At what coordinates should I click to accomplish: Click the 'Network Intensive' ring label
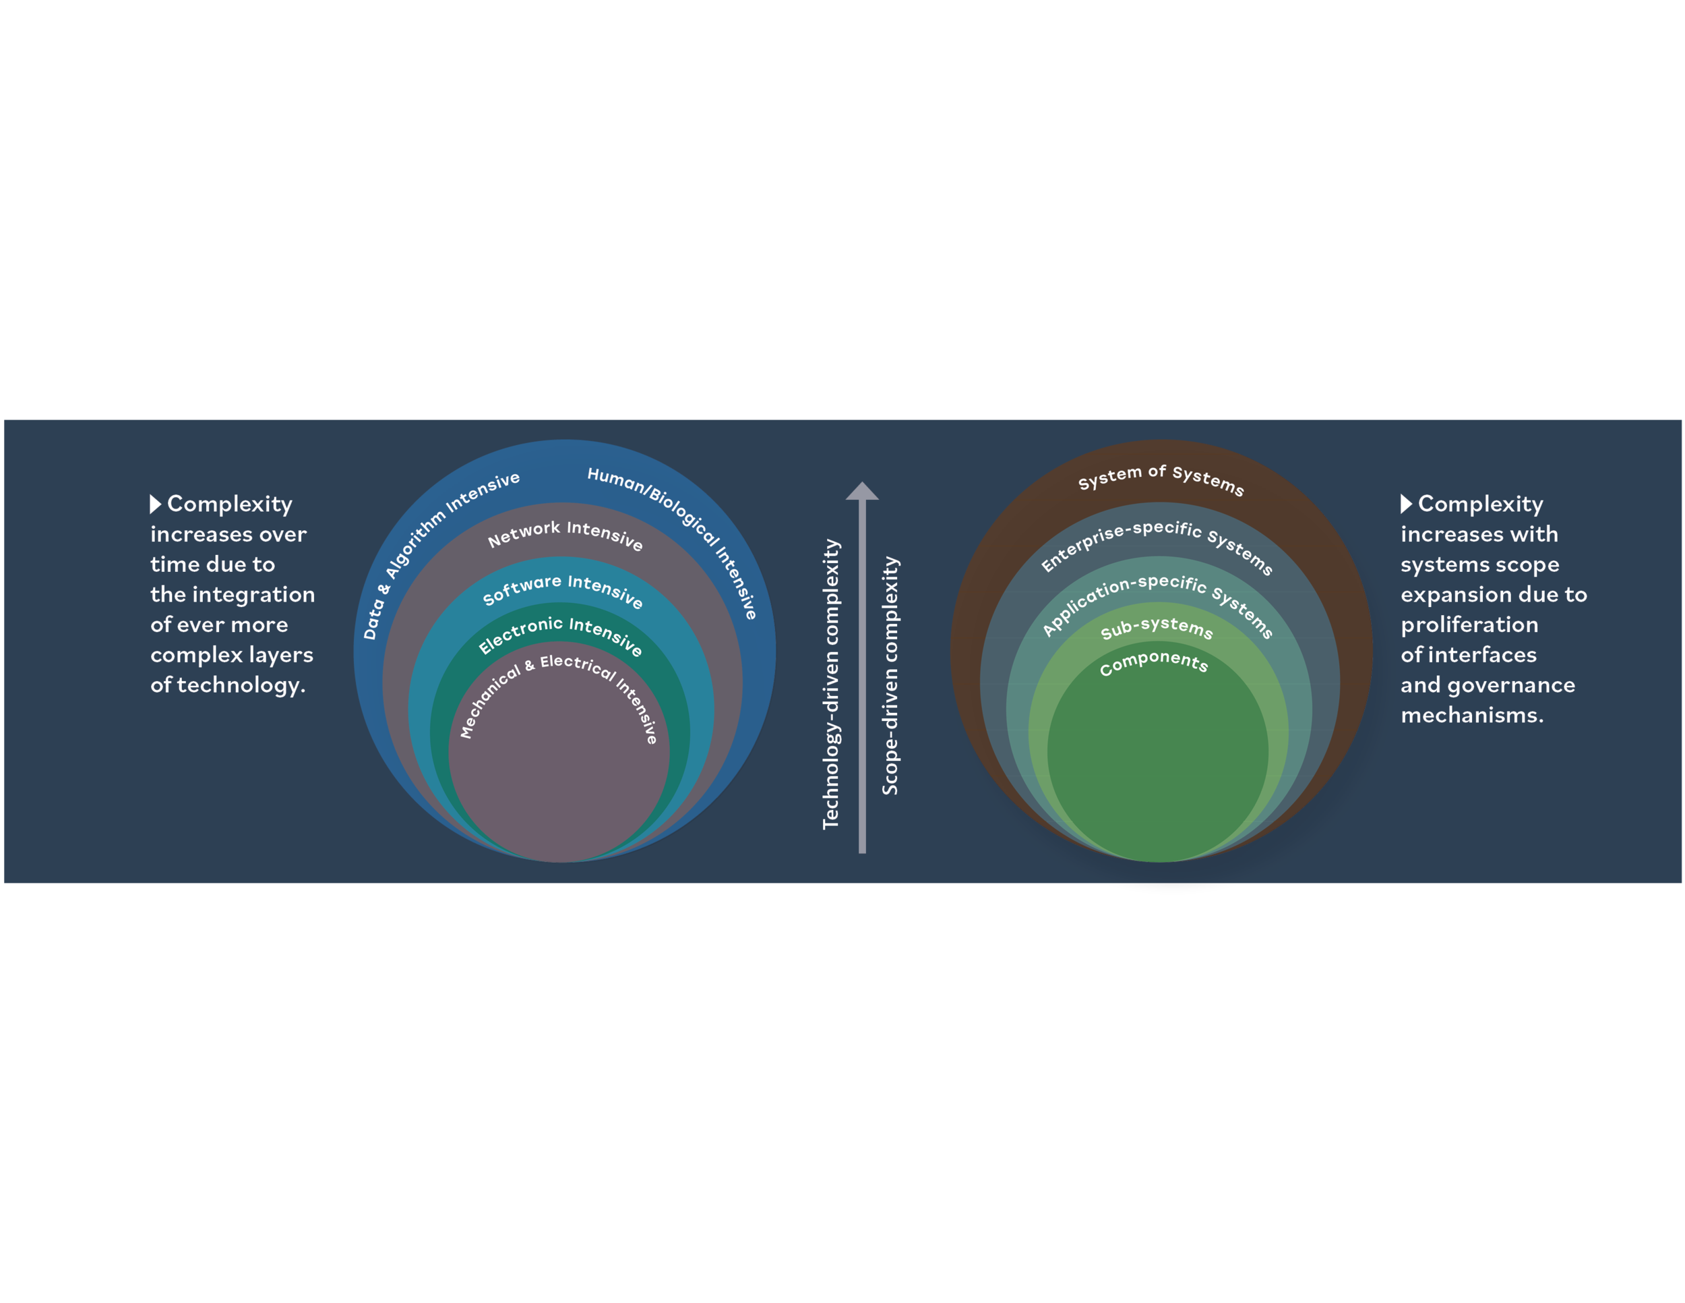coord(565,533)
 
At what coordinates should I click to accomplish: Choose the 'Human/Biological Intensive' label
coord(679,525)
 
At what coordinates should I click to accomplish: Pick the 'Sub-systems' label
coord(1157,629)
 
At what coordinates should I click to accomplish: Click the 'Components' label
coord(1153,662)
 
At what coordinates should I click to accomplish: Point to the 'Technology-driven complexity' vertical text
coord(831,684)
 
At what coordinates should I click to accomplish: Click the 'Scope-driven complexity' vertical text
coord(890,675)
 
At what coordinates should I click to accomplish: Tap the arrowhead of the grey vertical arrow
coord(862,491)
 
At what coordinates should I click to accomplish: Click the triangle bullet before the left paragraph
coord(155,504)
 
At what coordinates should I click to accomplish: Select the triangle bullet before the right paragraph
coord(1406,504)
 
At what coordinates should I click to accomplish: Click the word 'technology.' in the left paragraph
coord(241,685)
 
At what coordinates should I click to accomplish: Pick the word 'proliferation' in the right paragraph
coord(1469,625)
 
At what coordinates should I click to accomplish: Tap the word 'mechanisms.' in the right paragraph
coord(1472,715)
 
